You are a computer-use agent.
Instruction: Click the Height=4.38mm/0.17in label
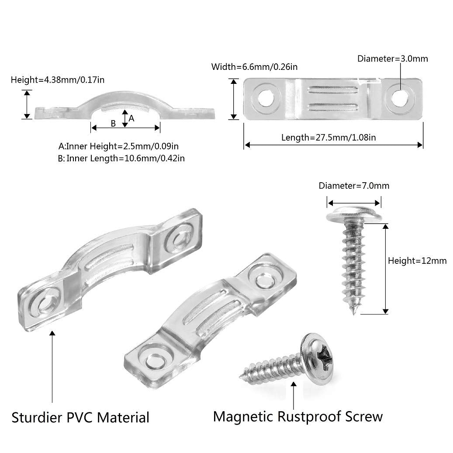coord(58,80)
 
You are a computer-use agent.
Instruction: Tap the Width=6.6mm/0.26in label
coord(254,67)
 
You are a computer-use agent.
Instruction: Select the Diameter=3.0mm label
coord(393,59)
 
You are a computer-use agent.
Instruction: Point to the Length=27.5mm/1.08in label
coord(329,137)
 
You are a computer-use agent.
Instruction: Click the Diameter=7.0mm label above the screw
coord(354,186)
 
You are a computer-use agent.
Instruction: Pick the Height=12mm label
coord(417,261)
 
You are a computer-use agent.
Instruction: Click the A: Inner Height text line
coord(118,146)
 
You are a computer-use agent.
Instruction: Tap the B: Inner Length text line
coord(121,158)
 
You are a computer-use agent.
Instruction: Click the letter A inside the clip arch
coord(131,118)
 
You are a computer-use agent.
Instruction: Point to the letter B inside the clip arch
coord(113,124)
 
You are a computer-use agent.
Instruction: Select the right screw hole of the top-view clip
coord(401,98)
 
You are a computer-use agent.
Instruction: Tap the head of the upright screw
coord(354,215)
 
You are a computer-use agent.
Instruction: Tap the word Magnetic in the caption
coord(243,417)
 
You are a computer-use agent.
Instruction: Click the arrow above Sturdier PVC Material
coord(52,367)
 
